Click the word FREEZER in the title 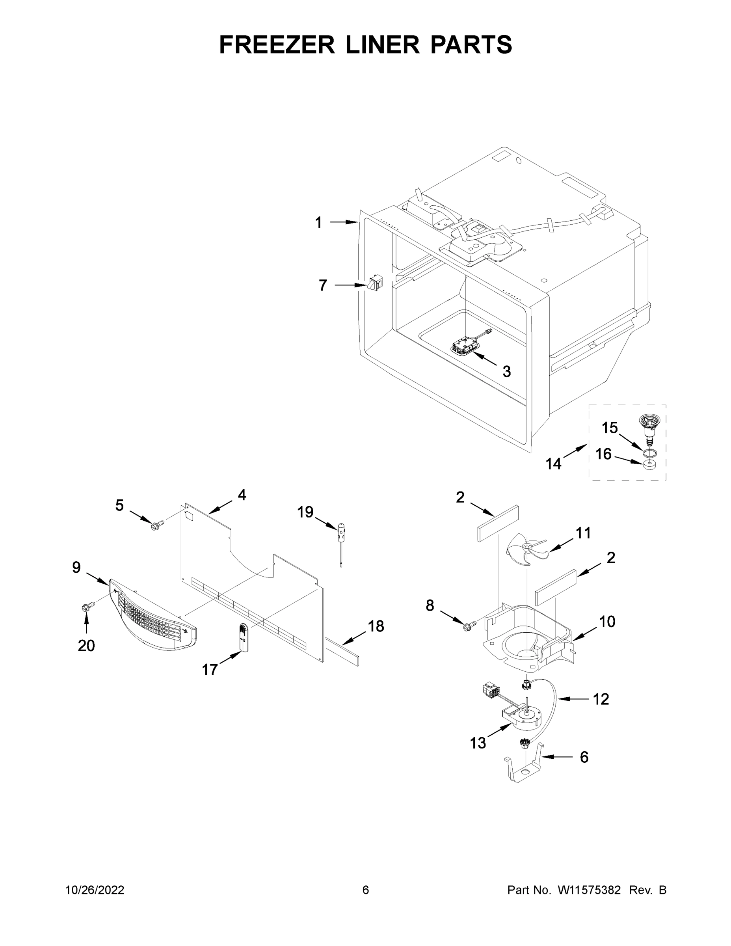pyautogui.click(x=277, y=45)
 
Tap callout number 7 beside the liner pyautogui.click(x=323, y=285)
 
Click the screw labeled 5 pyautogui.click(x=154, y=525)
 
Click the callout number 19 pyautogui.click(x=305, y=512)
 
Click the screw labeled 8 pyautogui.click(x=469, y=626)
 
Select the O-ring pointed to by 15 pyautogui.click(x=648, y=453)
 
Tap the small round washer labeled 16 pyautogui.click(x=648, y=465)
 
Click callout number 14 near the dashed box pyautogui.click(x=553, y=464)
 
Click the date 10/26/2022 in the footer pyautogui.click(x=95, y=890)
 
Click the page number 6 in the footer pyautogui.click(x=366, y=890)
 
